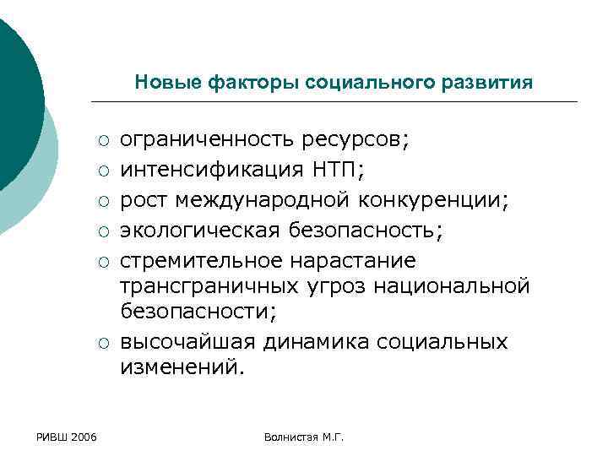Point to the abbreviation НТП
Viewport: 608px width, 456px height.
[337, 170]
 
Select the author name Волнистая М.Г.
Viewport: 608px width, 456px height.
[304, 436]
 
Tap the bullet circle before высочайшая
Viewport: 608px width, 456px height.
[101, 342]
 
